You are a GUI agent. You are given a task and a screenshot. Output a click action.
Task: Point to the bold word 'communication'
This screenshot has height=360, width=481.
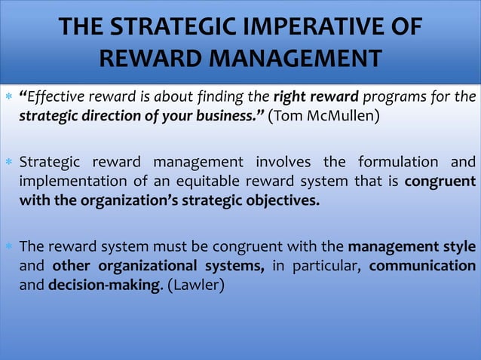point(422,266)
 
